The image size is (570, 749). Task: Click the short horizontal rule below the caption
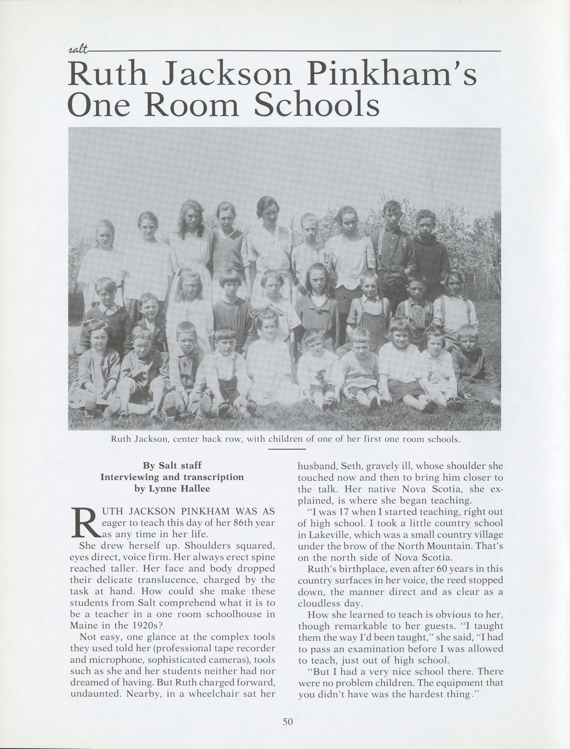coord(287,449)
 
